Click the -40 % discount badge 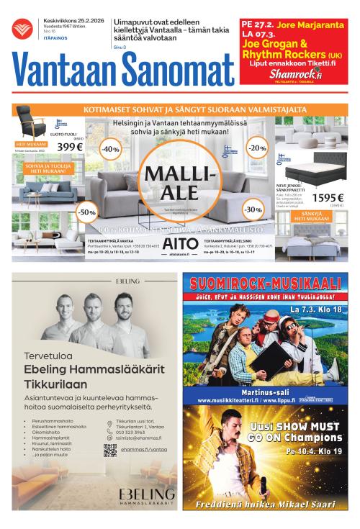(x=110, y=149)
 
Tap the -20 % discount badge (x=256, y=148)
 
